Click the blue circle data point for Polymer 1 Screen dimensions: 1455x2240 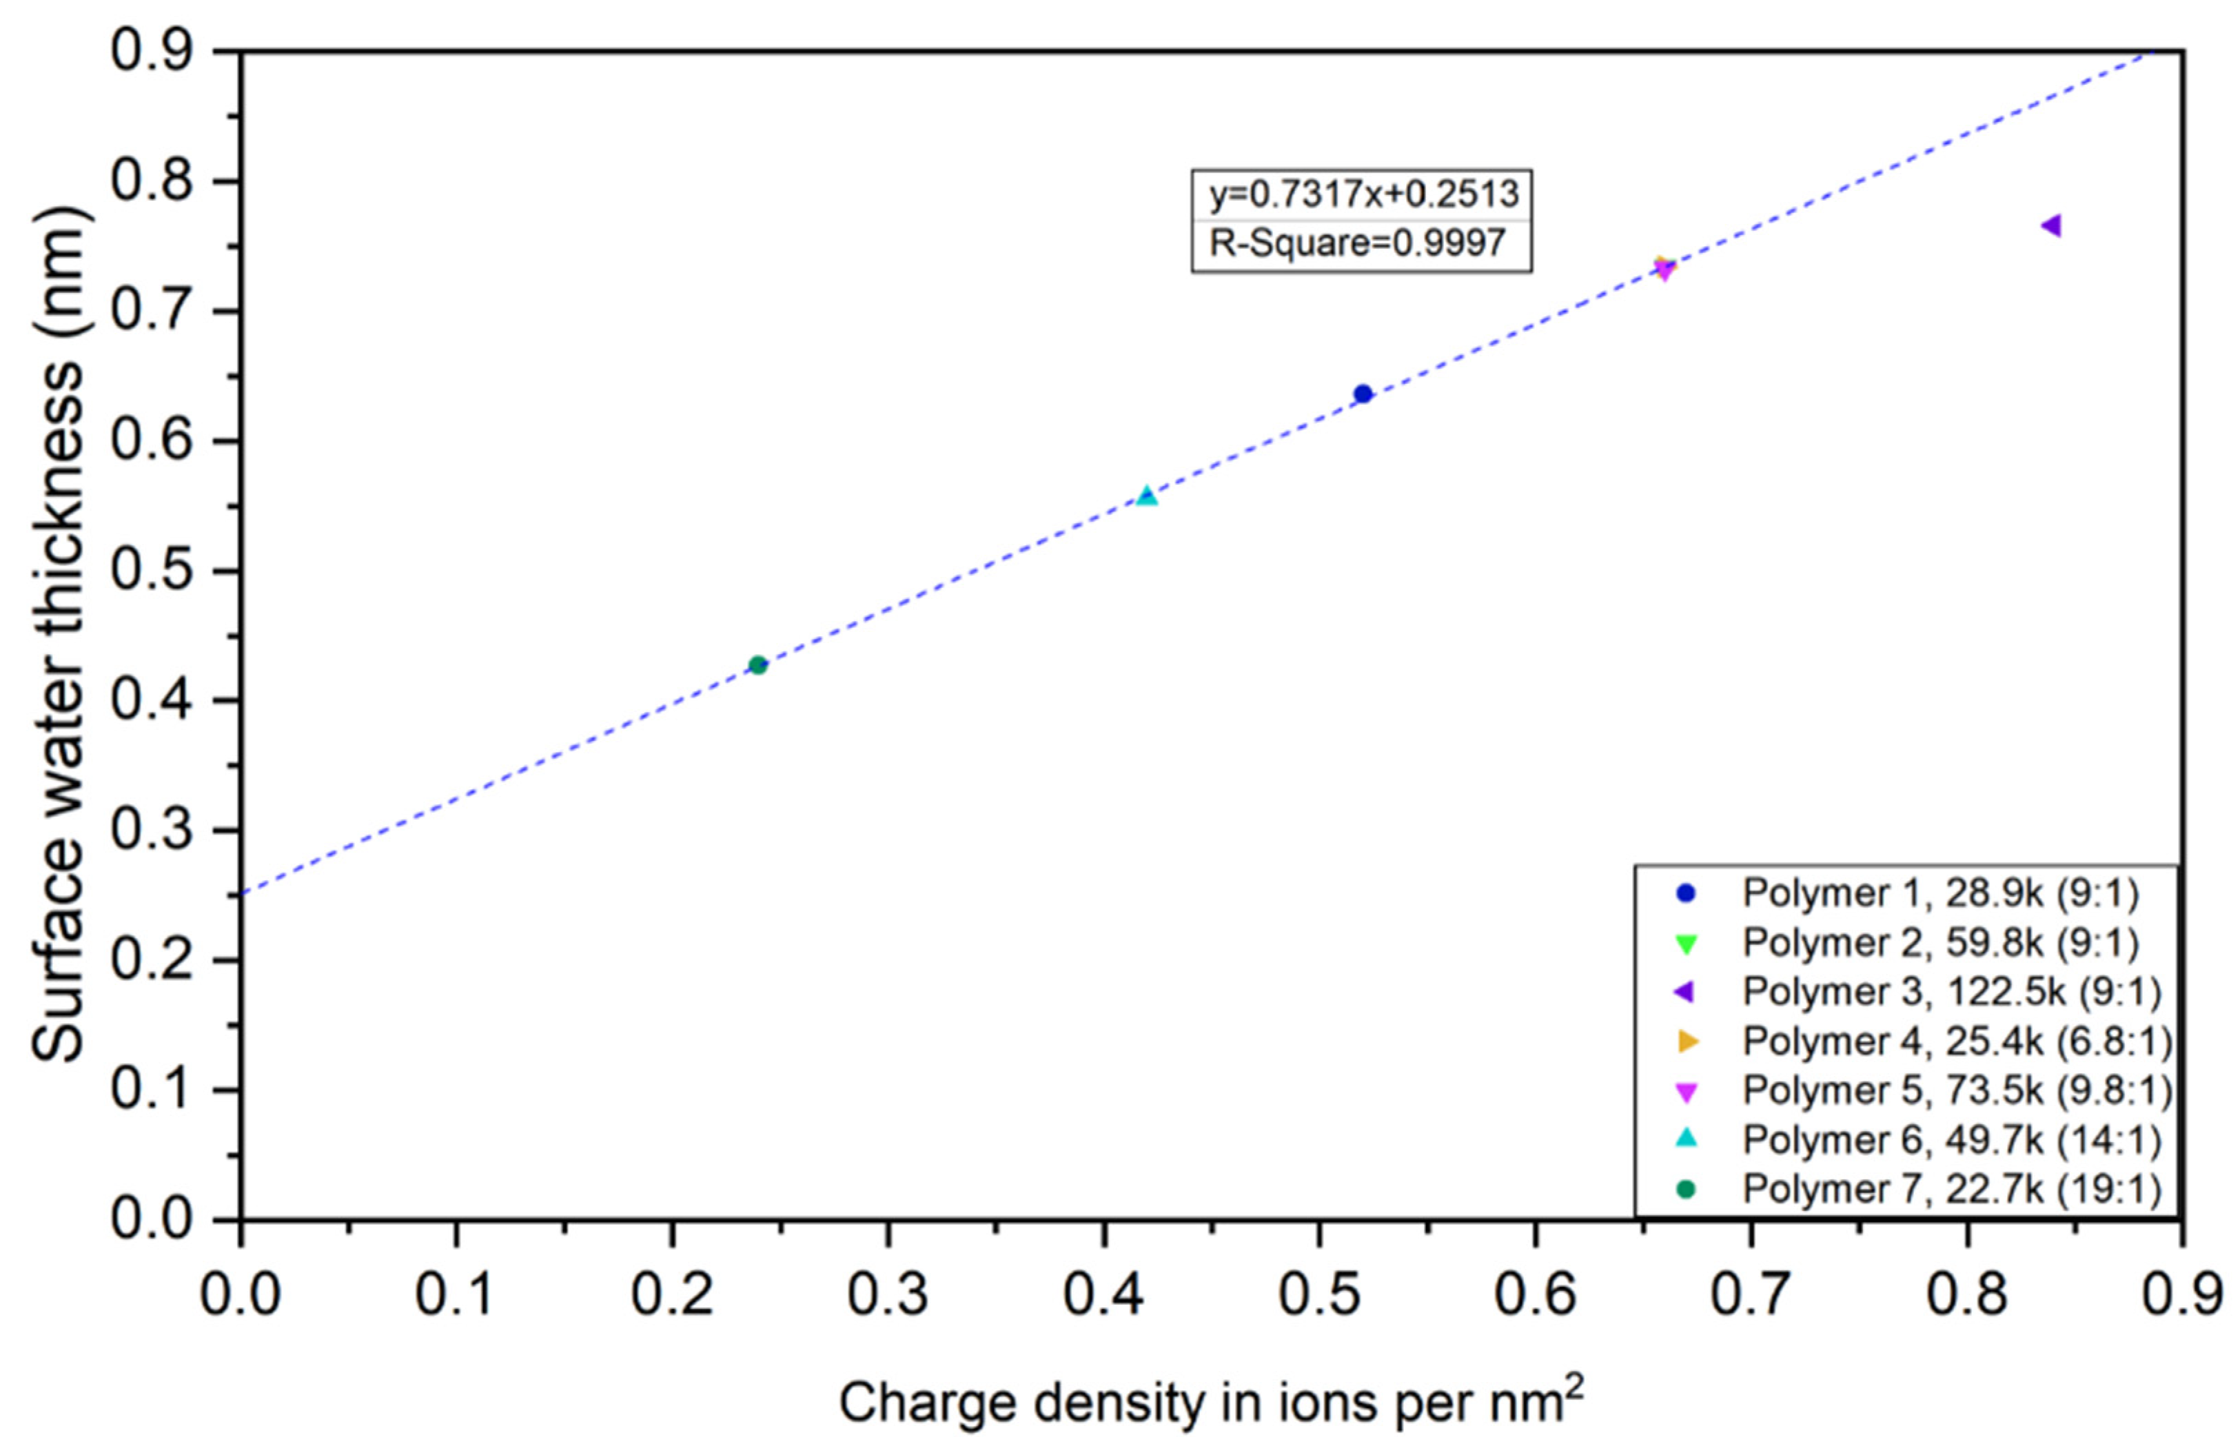click(1363, 394)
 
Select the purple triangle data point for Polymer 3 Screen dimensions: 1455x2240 click(2051, 226)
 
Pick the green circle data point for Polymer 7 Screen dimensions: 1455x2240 click(757, 665)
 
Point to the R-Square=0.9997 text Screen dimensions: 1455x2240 click(1357, 244)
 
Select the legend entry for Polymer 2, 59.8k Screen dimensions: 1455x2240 click(1939, 942)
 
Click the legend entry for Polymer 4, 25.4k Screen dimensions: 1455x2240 click(1957, 1041)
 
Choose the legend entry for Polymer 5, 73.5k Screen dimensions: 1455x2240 click(1957, 1090)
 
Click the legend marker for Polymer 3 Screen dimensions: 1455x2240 click(1686, 992)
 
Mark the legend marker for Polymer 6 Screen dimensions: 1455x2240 click(1687, 1139)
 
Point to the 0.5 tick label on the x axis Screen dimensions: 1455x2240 click(1319, 1295)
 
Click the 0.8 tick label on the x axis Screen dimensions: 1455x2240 click(1967, 1295)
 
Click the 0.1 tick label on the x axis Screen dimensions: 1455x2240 click(456, 1295)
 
